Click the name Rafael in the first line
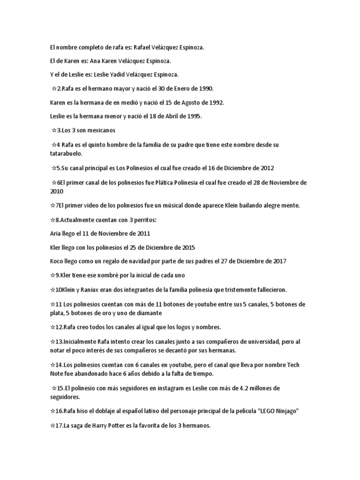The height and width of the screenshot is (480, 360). [x=144, y=48]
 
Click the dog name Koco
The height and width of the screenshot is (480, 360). [x=57, y=261]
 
